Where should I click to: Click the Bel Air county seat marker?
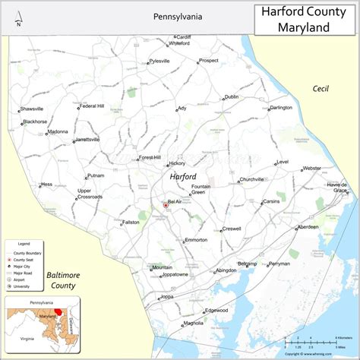pyautogui.click(x=166, y=204)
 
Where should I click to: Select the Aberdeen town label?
pyautogui.click(x=308, y=227)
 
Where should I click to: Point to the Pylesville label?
pyautogui.click(x=159, y=61)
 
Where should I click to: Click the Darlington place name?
pyautogui.click(x=280, y=108)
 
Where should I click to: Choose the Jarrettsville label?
pyautogui.click(x=87, y=140)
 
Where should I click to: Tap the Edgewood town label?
pyautogui.click(x=216, y=310)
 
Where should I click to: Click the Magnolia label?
pyautogui.click(x=194, y=323)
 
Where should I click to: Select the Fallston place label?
pyautogui.click(x=131, y=223)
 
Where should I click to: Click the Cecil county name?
pyautogui.click(x=321, y=89)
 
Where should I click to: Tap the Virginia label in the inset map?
pyautogui.click(x=27, y=339)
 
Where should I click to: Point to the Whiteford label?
pyautogui.click(x=178, y=43)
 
